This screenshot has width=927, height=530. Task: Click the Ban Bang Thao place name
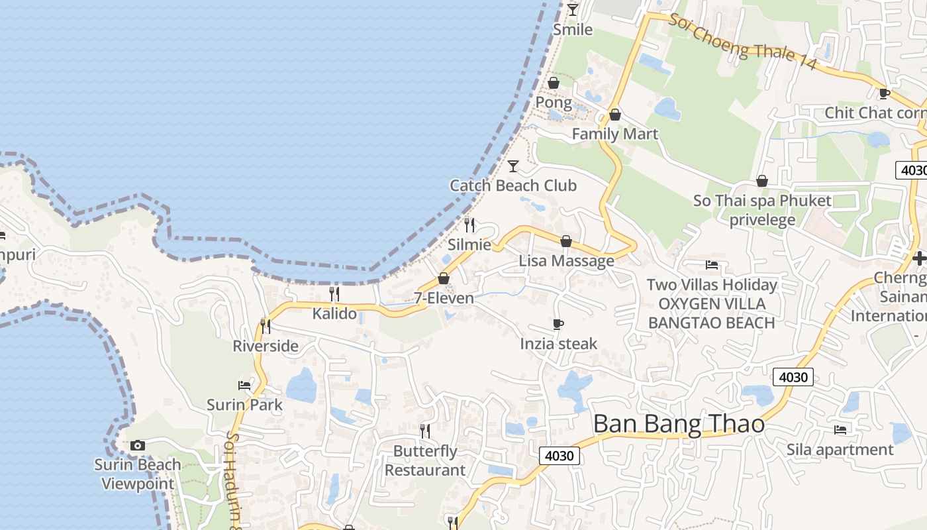click(x=679, y=424)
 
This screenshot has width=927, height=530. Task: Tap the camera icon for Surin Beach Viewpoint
click(x=138, y=445)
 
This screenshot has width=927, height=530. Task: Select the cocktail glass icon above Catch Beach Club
click(x=513, y=166)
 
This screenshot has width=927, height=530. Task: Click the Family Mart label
click(x=614, y=134)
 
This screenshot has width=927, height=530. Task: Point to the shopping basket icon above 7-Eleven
click(x=444, y=278)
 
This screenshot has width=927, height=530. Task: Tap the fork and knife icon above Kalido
click(x=334, y=293)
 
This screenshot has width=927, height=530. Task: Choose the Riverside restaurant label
click(x=266, y=346)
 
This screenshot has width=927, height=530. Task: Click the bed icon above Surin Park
click(x=244, y=385)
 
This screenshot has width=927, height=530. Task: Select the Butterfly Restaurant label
click(x=425, y=460)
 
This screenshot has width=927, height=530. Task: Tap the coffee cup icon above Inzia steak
click(x=558, y=324)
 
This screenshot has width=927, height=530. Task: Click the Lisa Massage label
click(x=566, y=260)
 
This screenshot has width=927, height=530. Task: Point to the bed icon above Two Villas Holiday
click(x=712, y=265)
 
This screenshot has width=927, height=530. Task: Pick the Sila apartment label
click(x=840, y=450)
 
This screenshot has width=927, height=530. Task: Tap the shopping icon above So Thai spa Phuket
click(x=762, y=181)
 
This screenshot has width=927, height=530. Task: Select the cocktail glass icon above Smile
click(x=573, y=9)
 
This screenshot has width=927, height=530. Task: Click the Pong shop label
click(x=554, y=103)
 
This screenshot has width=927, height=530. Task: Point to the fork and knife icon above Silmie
click(x=469, y=225)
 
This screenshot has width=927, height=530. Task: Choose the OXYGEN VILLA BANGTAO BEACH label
click(x=712, y=313)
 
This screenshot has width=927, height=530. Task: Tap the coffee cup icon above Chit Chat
click(x=883, y=93)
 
